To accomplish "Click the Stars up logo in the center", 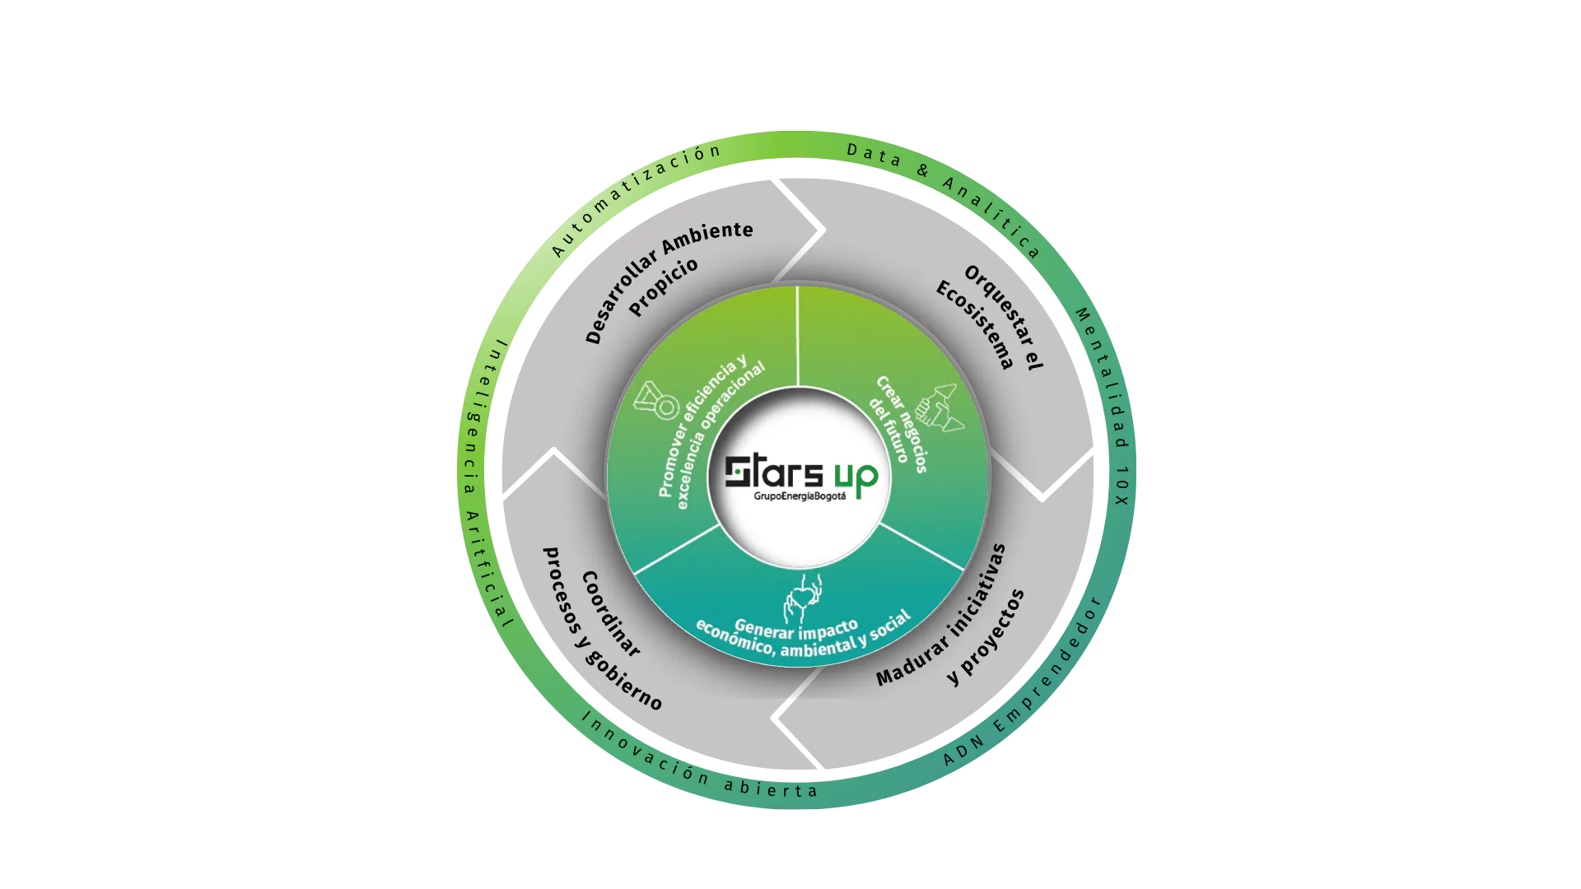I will coord(800,475).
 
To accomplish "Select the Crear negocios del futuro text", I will coord(898,423).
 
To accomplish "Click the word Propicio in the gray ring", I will coord(664,286).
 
